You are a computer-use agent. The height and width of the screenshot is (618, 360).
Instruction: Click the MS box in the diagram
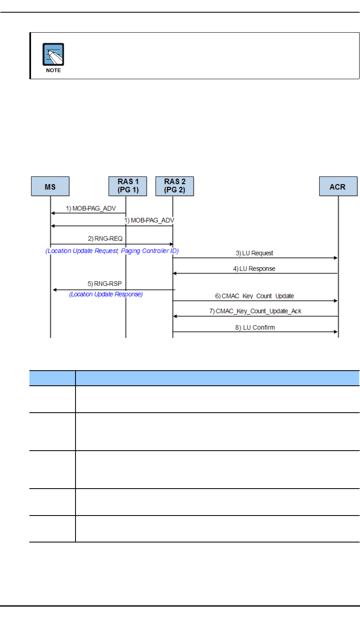50,187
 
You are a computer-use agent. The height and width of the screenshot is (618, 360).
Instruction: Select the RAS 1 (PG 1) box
128,187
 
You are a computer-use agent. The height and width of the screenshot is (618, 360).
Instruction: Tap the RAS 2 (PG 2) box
175,187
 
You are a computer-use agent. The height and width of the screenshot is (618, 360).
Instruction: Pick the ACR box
338,187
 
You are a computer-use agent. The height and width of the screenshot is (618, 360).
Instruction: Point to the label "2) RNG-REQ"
105,238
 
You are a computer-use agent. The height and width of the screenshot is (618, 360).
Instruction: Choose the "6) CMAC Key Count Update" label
255,296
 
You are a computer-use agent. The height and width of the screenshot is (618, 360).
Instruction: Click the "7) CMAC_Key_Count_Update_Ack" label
256,311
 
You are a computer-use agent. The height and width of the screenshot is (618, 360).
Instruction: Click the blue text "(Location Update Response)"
106,294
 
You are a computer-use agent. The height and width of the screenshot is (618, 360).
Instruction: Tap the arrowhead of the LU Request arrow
336,258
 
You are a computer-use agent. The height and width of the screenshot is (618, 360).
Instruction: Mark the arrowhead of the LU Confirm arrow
336,332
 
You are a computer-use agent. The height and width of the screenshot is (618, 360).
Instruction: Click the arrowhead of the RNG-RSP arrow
55,290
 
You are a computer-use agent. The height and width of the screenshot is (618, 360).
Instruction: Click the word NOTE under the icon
53,70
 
